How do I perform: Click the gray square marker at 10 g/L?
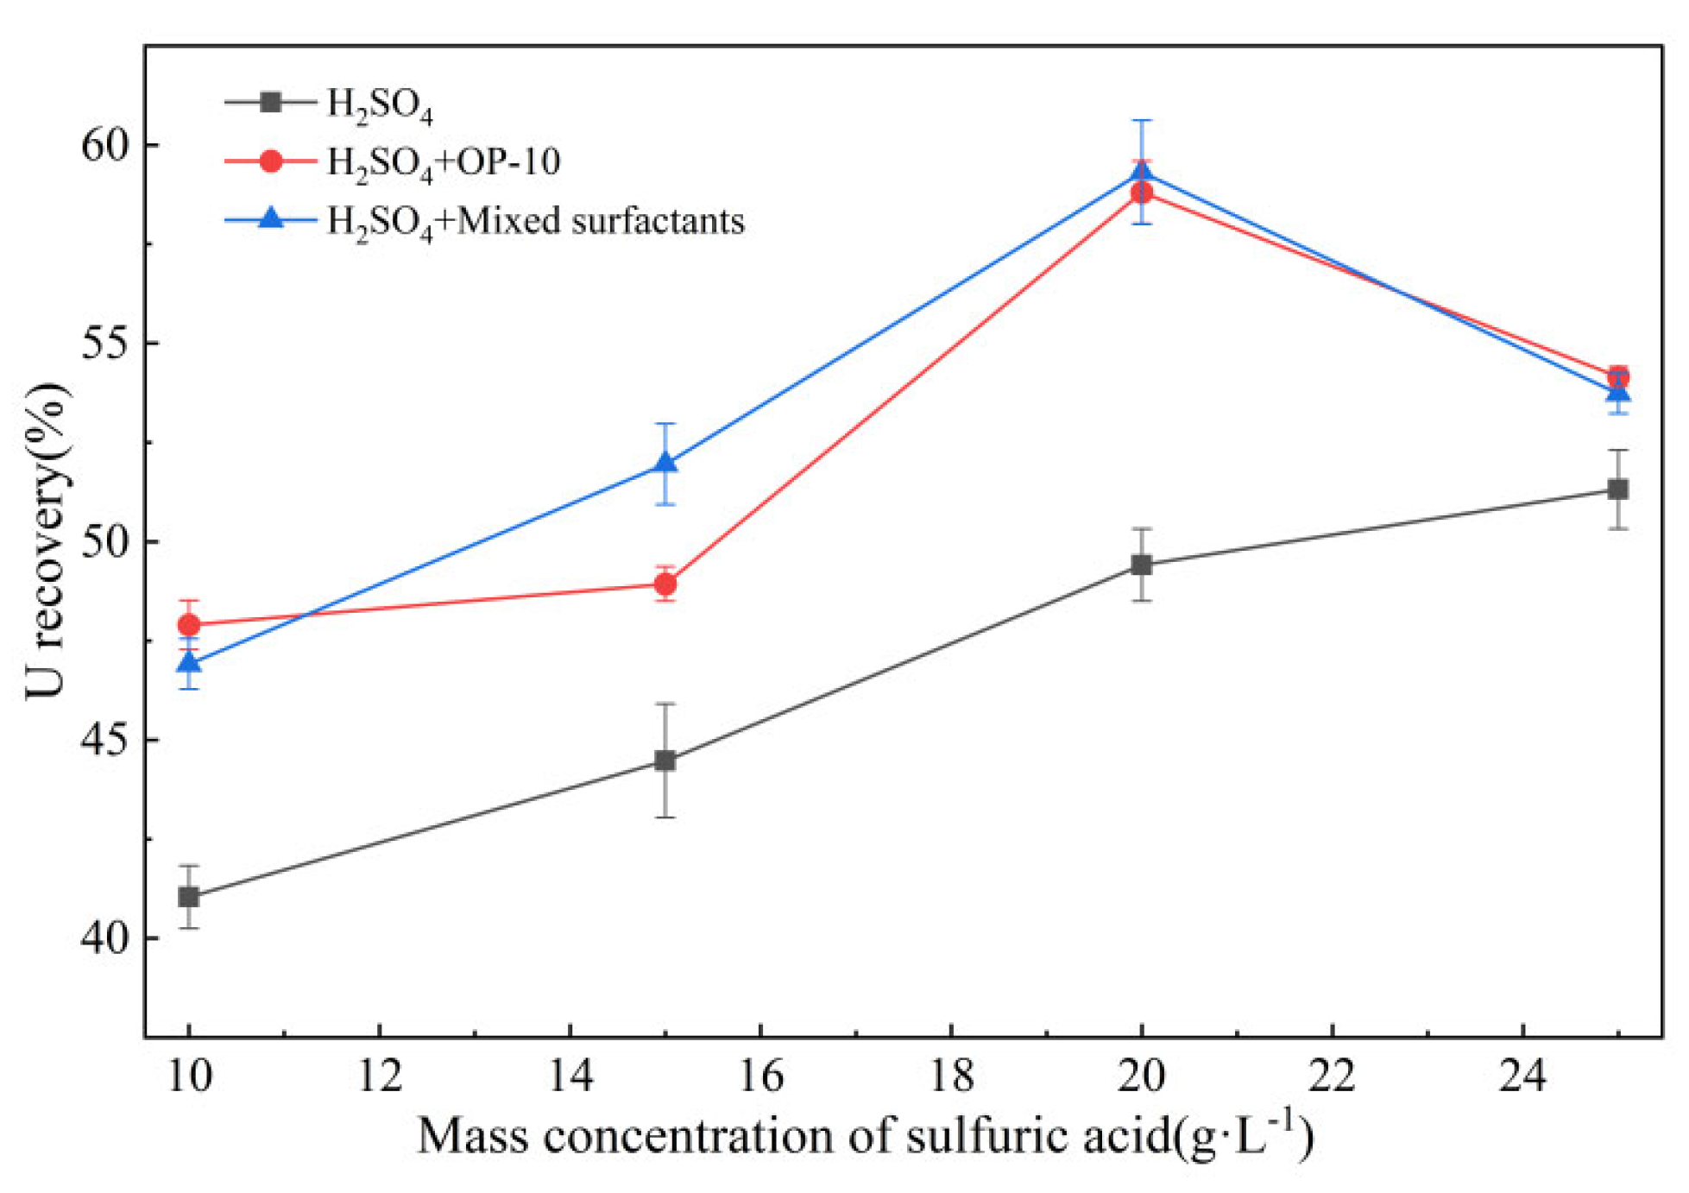(x=189, y=897)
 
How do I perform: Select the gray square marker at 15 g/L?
(x=665, y=761)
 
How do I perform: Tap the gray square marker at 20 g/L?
(x=1141, y=565)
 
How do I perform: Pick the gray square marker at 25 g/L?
(x=1617, y=489)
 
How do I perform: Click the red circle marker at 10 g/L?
(x=189, y=624)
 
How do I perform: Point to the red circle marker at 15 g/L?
(x=665, y=584)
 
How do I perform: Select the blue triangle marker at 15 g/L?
(x=665, y=462)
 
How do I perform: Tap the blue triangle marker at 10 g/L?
(x=189, y=662)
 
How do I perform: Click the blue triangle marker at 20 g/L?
(x=1141, y=172)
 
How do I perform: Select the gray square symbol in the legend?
(x=270, y=102)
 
